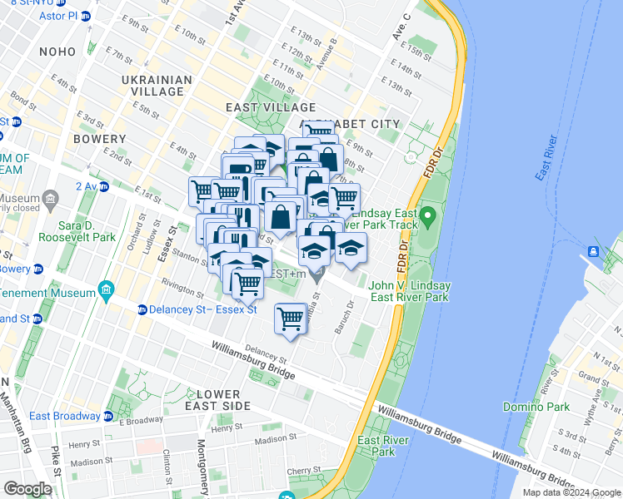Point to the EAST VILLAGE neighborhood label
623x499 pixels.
point(271,107)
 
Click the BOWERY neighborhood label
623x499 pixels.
point(99,138)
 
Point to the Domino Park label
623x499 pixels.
point(536,407)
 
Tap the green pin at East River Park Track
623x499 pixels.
point(428,219)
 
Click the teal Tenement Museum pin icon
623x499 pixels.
point(105,290)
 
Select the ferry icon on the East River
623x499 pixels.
point(595,251)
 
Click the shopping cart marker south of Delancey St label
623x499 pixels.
point(291,319)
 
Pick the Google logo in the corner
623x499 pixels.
point(28,489)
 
